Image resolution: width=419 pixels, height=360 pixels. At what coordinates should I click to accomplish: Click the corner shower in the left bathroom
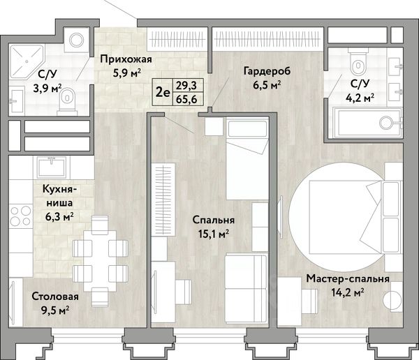tap(27, 62)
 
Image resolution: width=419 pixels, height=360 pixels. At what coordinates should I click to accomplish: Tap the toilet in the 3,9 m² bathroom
tap(68, 102)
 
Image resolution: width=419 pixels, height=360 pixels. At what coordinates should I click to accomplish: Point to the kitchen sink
tap(52, 167)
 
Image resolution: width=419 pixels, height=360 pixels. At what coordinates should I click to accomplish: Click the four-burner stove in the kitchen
tap(20, 216)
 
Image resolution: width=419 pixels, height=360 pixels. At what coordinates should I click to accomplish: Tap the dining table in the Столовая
tap(100, 261)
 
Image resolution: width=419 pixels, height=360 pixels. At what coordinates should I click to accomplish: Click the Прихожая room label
tap(126, 59)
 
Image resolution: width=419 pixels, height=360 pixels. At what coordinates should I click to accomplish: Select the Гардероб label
tap(267, 71)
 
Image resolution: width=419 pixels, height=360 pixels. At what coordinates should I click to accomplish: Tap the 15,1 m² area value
tap(213, 234)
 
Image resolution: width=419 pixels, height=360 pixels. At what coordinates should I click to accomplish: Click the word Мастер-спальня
tap(348, 279)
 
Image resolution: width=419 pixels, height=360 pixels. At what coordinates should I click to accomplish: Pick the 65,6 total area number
tap(186, 99)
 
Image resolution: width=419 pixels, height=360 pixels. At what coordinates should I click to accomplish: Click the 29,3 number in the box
tap(186, 86)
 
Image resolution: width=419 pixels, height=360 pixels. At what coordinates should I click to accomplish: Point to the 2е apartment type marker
tap(163, 92)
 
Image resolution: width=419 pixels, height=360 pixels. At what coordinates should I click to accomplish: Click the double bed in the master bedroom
tap(355, 217)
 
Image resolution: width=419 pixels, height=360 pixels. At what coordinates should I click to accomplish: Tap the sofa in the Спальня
tap(246, 288)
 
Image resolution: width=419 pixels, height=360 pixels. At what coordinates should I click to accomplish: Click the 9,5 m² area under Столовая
tap(55, 310)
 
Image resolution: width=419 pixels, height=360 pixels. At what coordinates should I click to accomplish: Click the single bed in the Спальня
tap(247, 158)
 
